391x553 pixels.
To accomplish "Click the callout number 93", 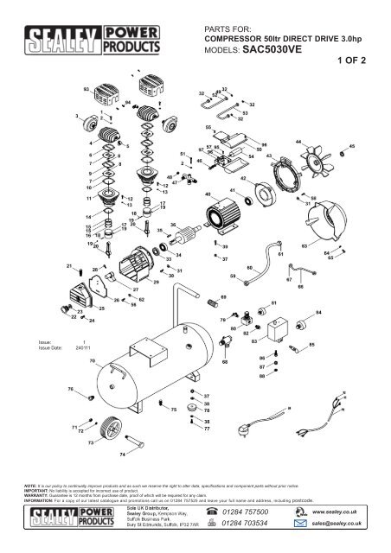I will pyautogui.click(x=86, y=89).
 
